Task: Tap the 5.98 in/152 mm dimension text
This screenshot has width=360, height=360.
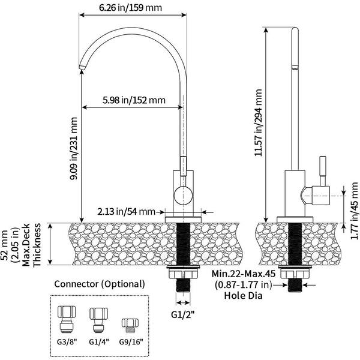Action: [133, 100]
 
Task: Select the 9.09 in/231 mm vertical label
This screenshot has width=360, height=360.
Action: [74, 148]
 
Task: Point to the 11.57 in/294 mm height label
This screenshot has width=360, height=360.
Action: [259, 124]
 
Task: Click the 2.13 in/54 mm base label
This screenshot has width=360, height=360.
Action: [126, 211]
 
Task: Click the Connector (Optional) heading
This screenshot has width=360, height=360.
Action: [99, 284]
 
